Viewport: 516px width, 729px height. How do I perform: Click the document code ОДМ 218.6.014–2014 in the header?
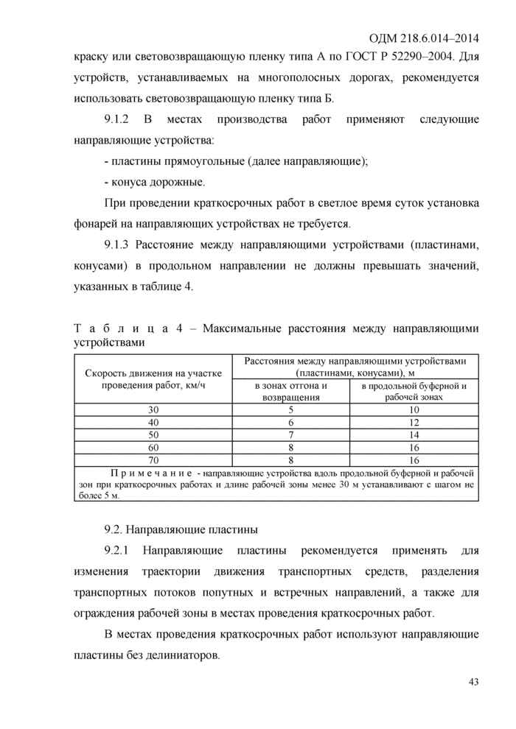pos(423,38)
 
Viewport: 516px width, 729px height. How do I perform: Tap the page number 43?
pos(473,682)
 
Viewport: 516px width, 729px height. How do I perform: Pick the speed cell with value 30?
pos(153,409)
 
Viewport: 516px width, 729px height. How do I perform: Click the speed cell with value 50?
pos(153,434)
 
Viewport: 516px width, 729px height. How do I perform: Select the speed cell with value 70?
pos(153,459)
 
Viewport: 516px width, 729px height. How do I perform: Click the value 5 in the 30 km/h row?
pos(290,409)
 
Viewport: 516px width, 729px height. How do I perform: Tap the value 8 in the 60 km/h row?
pos(290,447)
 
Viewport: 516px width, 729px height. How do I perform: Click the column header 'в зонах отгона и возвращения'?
pos(290,391)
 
